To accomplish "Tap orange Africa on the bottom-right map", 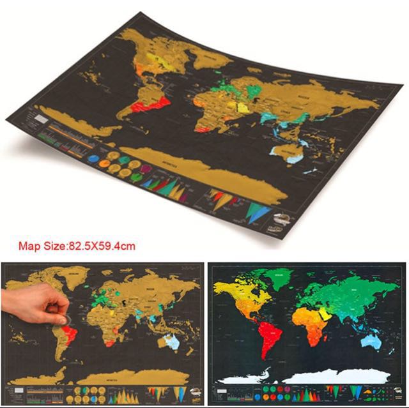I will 311,322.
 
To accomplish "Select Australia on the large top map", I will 284,151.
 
